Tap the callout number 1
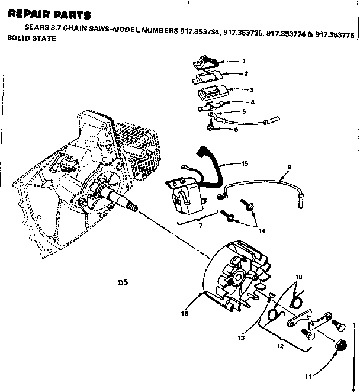[244, 61]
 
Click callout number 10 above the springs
[299, 277]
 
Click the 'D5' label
[123, 284]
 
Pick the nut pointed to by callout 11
[341, 345]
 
